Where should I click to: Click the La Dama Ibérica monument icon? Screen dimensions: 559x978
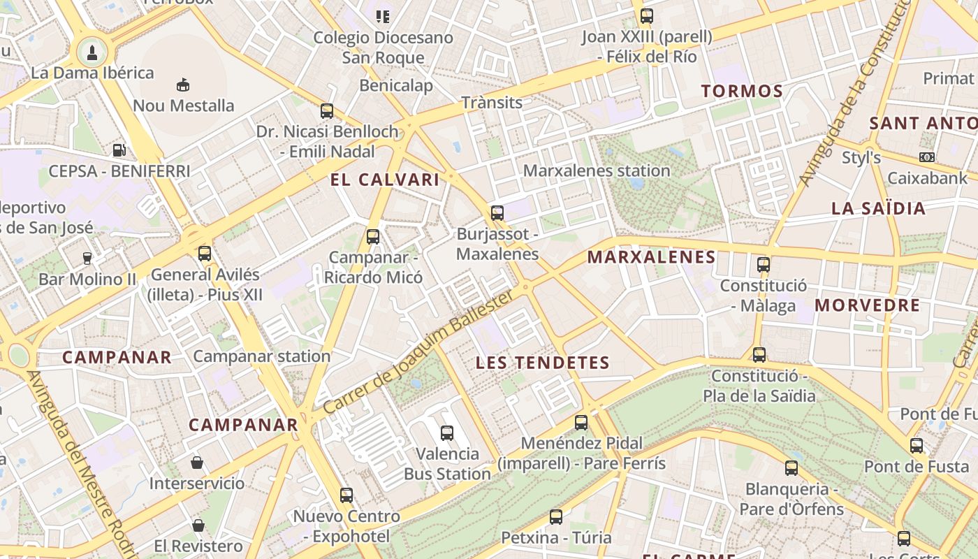point(92,51)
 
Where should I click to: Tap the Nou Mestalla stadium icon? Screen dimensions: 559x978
point(183,85)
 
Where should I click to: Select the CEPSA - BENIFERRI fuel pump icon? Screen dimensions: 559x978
point(119,150)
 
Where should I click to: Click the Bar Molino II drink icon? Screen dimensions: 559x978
point(87,259)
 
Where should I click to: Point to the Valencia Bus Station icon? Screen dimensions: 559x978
point(447,433)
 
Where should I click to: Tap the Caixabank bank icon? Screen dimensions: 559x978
point(927,157)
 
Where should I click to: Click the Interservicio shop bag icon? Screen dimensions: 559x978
point(197,463)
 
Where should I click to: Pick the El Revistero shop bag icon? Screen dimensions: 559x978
point(198,525)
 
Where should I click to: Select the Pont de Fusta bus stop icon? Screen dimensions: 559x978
point(916,446)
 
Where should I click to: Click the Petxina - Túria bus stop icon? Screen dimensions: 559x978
point(555,517)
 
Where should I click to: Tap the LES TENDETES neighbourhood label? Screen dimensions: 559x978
point(542,363)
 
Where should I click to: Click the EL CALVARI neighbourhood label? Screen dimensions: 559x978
point(385,180)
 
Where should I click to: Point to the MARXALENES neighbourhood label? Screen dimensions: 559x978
point(651,257)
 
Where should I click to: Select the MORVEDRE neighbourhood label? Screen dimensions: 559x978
point(867,305)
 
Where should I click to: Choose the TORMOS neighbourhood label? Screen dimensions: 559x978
point(742,91)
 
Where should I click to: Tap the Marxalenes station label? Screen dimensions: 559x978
point(596,170)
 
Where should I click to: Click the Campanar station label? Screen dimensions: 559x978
point(261,356)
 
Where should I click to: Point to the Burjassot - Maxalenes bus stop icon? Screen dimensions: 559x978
point(497,213)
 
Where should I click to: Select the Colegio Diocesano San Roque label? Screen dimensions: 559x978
point(383,48)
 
